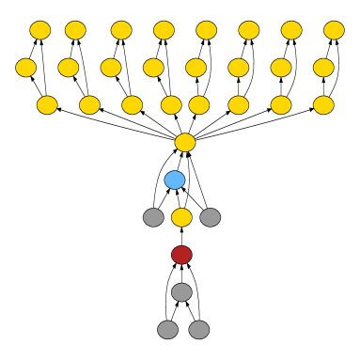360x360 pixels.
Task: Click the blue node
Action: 175,180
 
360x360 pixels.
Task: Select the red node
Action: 181,255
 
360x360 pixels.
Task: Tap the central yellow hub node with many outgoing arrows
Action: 185,142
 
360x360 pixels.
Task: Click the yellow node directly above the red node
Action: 181,217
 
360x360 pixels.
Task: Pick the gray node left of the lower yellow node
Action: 153,217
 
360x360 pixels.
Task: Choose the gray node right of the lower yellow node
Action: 211,217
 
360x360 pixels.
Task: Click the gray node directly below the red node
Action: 181,292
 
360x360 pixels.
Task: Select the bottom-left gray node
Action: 167,330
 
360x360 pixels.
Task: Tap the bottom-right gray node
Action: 198,330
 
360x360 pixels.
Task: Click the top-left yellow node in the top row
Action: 40,30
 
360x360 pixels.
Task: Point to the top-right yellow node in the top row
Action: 334,30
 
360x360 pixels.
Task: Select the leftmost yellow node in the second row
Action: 26,68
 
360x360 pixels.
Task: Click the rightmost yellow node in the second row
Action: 323,68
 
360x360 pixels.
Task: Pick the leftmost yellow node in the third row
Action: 47,105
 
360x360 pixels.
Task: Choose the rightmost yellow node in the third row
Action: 323,105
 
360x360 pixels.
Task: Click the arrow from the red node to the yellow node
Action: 181,236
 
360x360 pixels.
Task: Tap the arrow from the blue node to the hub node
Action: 179,162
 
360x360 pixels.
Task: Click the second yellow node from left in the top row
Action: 75,30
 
